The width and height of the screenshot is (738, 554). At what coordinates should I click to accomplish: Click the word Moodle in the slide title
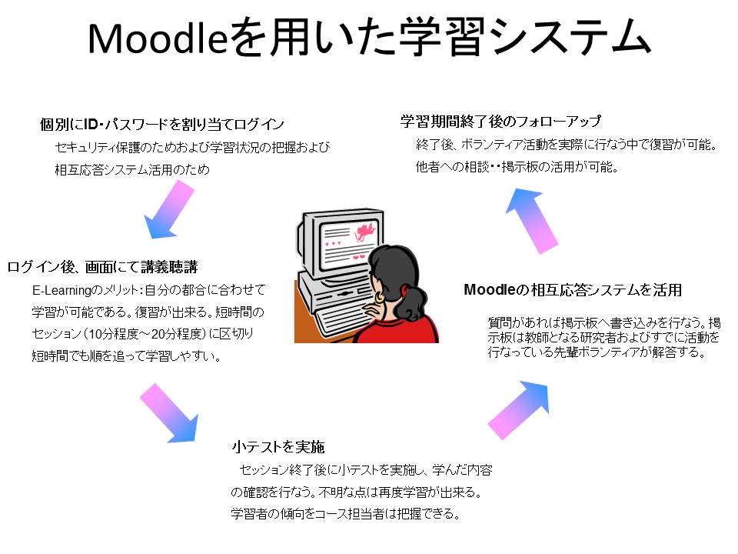tap(158, 38)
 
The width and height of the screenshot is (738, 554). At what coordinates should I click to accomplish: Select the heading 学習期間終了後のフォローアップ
tap(500, 121)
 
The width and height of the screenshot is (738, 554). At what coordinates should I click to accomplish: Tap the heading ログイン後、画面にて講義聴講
tap(102, 267)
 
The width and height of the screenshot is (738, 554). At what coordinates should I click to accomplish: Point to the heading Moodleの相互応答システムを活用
tap(573, 290)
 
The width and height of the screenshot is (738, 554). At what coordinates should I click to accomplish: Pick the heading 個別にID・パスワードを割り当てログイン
tap(162, 124)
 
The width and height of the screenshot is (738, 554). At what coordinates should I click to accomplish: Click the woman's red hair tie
tap(403, 290)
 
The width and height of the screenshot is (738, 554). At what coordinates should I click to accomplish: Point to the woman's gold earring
tap(379, 297)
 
